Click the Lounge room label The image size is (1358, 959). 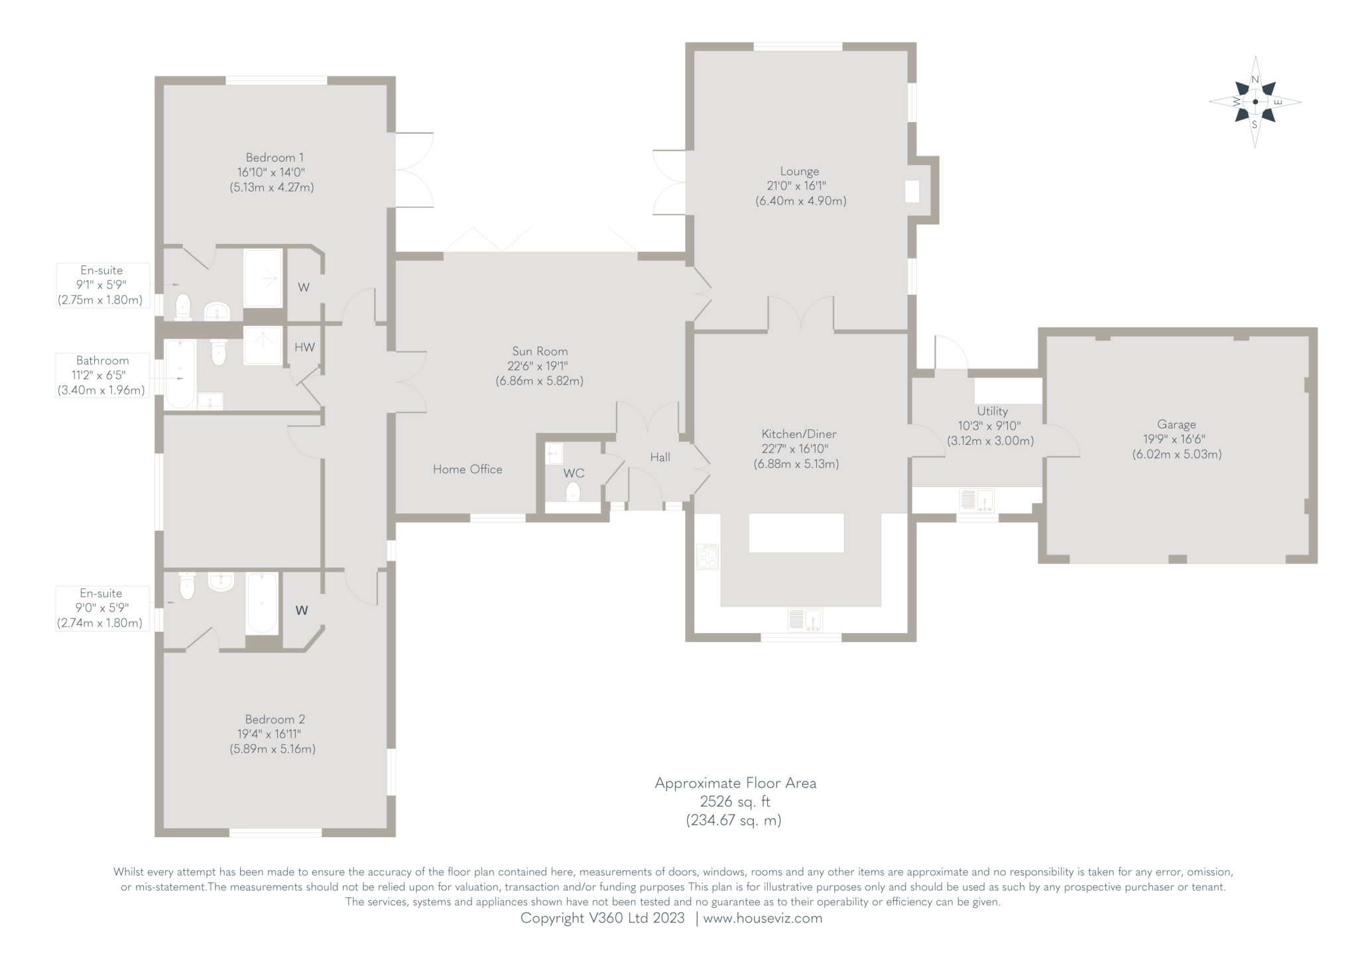tap(800, 171)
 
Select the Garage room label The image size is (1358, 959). tap(1176, 424)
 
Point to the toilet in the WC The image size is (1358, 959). tap(573, 492)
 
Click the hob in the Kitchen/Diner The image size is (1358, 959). tap(707, 556)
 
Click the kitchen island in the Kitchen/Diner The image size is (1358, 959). tap(796, 533)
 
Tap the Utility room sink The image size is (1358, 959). tap(976, 500)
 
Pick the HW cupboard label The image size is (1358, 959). tap(304, 347)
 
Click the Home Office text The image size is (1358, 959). tap(467, 469)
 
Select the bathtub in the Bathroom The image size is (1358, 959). tap(180, 374)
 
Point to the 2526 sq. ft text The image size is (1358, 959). tap(735, 801)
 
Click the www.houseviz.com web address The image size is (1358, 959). tap(763, 919)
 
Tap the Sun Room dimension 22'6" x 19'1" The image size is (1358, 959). tap(539, 366)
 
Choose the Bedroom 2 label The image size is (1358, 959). tap(275, 719)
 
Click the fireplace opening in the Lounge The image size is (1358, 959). tap(912, 192)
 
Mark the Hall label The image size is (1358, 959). tap(660, 457)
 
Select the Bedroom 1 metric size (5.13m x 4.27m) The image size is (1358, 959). tap(272, 188)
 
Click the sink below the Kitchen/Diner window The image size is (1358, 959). tap(805, 620)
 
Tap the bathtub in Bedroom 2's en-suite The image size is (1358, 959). tap(261, 603)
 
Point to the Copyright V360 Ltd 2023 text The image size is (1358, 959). tap(602, 919)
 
